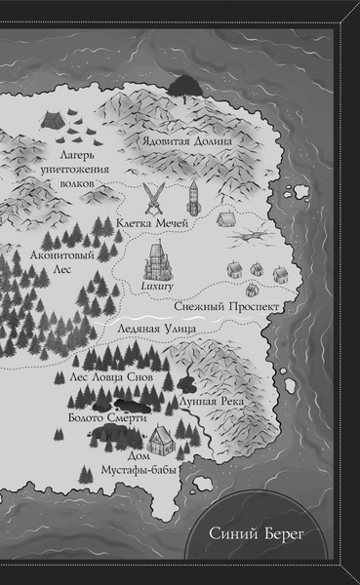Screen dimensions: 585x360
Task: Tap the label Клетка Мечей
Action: (x=152, y=222)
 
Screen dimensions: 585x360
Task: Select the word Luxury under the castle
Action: (x=156, y=289)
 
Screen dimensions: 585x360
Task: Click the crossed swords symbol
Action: (x=154, y=199)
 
